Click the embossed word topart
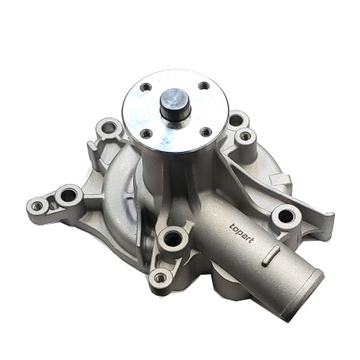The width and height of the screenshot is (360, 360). point(241,233)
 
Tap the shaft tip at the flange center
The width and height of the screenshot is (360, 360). point(175,99)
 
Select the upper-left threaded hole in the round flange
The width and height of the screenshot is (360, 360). point(146,87)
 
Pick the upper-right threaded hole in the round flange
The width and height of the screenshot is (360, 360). point(204,85)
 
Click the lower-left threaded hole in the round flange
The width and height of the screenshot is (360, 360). point(146,134)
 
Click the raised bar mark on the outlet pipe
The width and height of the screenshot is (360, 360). point(271,255)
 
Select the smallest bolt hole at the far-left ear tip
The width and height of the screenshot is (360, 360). point(37,207)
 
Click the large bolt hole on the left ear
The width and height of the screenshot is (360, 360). point(69,195)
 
